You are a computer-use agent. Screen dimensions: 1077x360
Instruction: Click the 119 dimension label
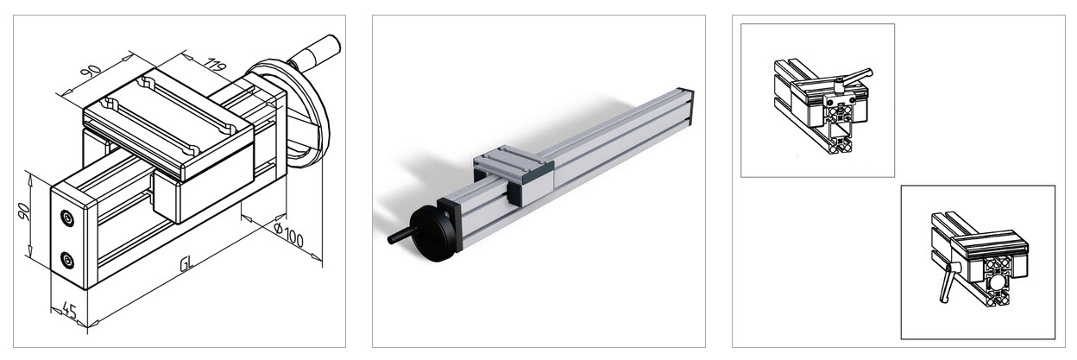215,65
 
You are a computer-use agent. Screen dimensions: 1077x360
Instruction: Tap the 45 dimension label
69,312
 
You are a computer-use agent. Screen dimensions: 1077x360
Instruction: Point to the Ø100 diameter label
288,234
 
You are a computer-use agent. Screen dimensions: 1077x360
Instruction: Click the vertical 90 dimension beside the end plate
22,212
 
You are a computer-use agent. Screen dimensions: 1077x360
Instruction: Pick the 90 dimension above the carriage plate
91,70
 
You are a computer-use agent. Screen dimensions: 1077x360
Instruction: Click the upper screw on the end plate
67,218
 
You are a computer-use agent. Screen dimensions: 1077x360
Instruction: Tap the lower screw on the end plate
67,261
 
